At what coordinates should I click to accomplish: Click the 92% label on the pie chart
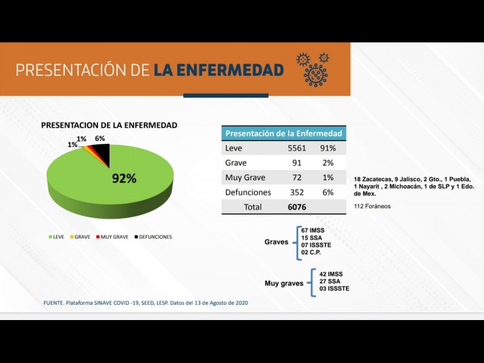(x=123, y=178)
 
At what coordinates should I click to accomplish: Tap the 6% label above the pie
(x=100, y=139)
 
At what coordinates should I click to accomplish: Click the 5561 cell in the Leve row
(x=296, y=148)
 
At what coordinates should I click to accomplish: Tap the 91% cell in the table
(x=328, y=148)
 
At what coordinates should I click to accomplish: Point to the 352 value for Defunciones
(x=296, y=192)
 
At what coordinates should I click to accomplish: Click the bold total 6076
(x=296, y=207)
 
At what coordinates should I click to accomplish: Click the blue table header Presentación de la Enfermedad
(x=283, y=133)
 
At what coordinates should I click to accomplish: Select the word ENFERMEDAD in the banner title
(x=218, y=70)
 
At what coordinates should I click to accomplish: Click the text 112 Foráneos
(x=372, y=206)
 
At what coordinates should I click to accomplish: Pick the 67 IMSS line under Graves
(x=313, y=231)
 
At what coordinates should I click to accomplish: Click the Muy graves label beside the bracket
(x=284, y=283)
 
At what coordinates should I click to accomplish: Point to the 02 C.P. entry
(x=311, y=252)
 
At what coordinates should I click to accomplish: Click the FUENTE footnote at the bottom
(x=145, y=302)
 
